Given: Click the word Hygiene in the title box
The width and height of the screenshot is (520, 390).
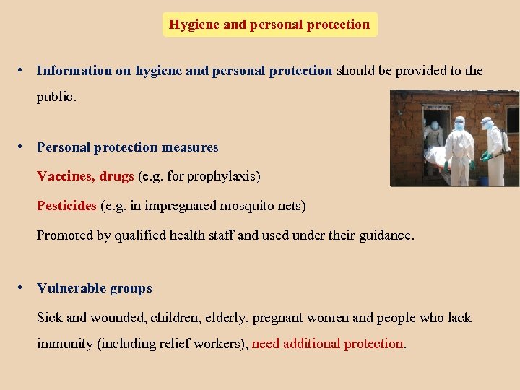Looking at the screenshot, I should click(194, 25).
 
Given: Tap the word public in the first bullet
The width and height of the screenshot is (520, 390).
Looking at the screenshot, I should click(55, 97).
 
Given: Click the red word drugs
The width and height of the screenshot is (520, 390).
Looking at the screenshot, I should click(116, 176).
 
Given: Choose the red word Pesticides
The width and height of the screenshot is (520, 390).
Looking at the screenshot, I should click(66, 206).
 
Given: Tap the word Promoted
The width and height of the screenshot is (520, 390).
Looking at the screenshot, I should click(66, 235).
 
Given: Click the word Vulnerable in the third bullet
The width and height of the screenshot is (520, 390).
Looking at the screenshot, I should click(69, 288).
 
